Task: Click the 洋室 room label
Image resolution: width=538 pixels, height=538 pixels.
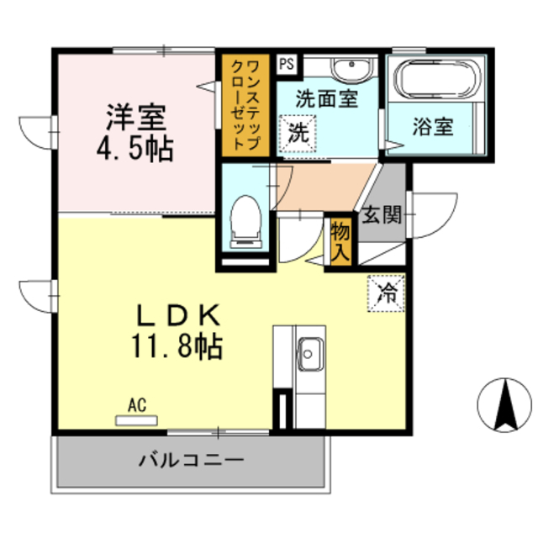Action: click(134, 114)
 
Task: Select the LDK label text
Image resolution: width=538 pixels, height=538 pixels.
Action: click(179, 315)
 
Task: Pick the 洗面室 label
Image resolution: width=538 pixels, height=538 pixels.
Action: click(327, 98)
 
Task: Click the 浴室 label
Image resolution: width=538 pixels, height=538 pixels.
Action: click(433, 127)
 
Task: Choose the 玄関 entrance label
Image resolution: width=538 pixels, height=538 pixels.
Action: click(381, 215)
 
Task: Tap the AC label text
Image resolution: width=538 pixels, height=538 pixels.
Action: click(136, 405)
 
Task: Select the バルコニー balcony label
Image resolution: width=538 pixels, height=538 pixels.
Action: click(192, 462)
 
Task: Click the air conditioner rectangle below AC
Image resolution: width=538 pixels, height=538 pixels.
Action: click(136, 419)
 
